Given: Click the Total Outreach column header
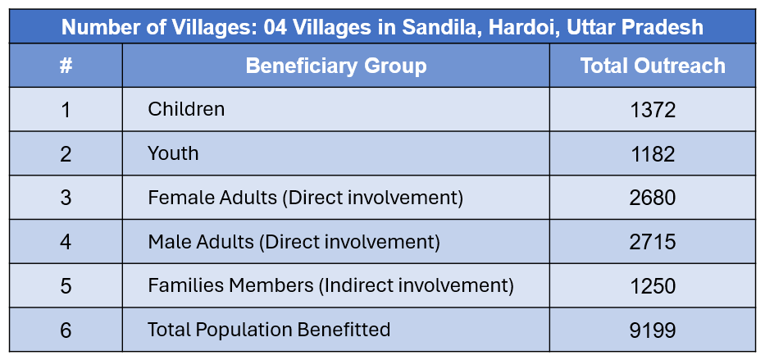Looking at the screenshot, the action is click(x=653, y=66).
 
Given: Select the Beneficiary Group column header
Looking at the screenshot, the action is click(x=335, y=66).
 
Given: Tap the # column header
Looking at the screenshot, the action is click(x=66, y=66).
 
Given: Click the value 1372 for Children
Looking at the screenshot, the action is click(x=653, y=110).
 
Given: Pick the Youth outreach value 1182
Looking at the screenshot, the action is click(x=653, y=154).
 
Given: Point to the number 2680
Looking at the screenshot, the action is click(x=653, y=198).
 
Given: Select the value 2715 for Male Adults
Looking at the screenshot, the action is click(x=653, y=242).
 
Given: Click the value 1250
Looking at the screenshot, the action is click(x=653, y=286).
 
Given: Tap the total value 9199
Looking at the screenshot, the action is click(x=653, y=330).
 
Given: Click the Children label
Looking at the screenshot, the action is click(x=186, y=109).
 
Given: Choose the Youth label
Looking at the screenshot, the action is click(x=173, y=153).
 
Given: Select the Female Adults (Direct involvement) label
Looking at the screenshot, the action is click(x=305, y=198).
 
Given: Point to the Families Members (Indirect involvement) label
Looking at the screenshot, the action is click(x=330, y=286).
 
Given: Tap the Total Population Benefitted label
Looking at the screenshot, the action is click(x=269, y=330).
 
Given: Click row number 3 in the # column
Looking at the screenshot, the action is click(x=66, y=198).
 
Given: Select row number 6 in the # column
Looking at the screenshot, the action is click(x=66, y=330).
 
